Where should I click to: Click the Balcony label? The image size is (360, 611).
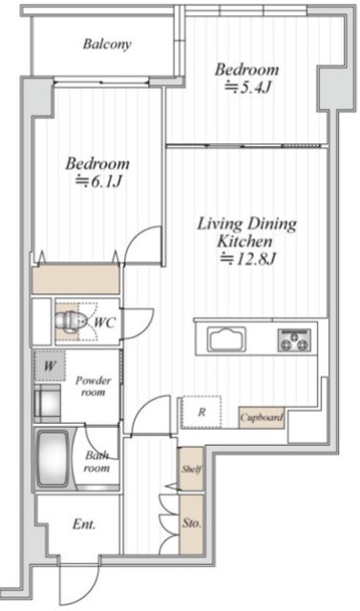pyautogui.click(x=107, y=44)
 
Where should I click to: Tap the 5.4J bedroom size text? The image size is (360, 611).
pyautogui.click(x=248, y=88)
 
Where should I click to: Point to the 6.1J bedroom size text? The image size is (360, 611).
pyautogui.click(x=97, y=181)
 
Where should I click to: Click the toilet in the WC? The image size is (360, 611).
pyautogui.click(x=69, y=322)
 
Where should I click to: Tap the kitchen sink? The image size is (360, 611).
pyautogui.click(x=226, y=339)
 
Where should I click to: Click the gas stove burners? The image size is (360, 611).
pyautogui.click(x=294, y=340)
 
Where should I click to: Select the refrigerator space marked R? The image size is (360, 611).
pyautogui.click(x=201, y=412)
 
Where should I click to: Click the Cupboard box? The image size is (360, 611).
pyautogui.click(x=261, y=418)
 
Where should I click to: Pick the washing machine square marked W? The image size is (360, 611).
pyautogui.click(x=50, y=366)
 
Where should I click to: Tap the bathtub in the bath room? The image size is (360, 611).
pyautogui.click(x=54, y=458)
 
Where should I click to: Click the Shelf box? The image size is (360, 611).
pyautogui.click(x=191, y=469)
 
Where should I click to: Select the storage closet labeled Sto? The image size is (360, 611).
pyautogui.click(x=191, y=523)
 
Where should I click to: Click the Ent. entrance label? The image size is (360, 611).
pyautogui.click(x=84, y=524)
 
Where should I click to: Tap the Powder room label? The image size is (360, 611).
pyautogui.click(x=94, y=386)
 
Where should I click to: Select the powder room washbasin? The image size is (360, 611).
pyautogui.click(x=47, y=403)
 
